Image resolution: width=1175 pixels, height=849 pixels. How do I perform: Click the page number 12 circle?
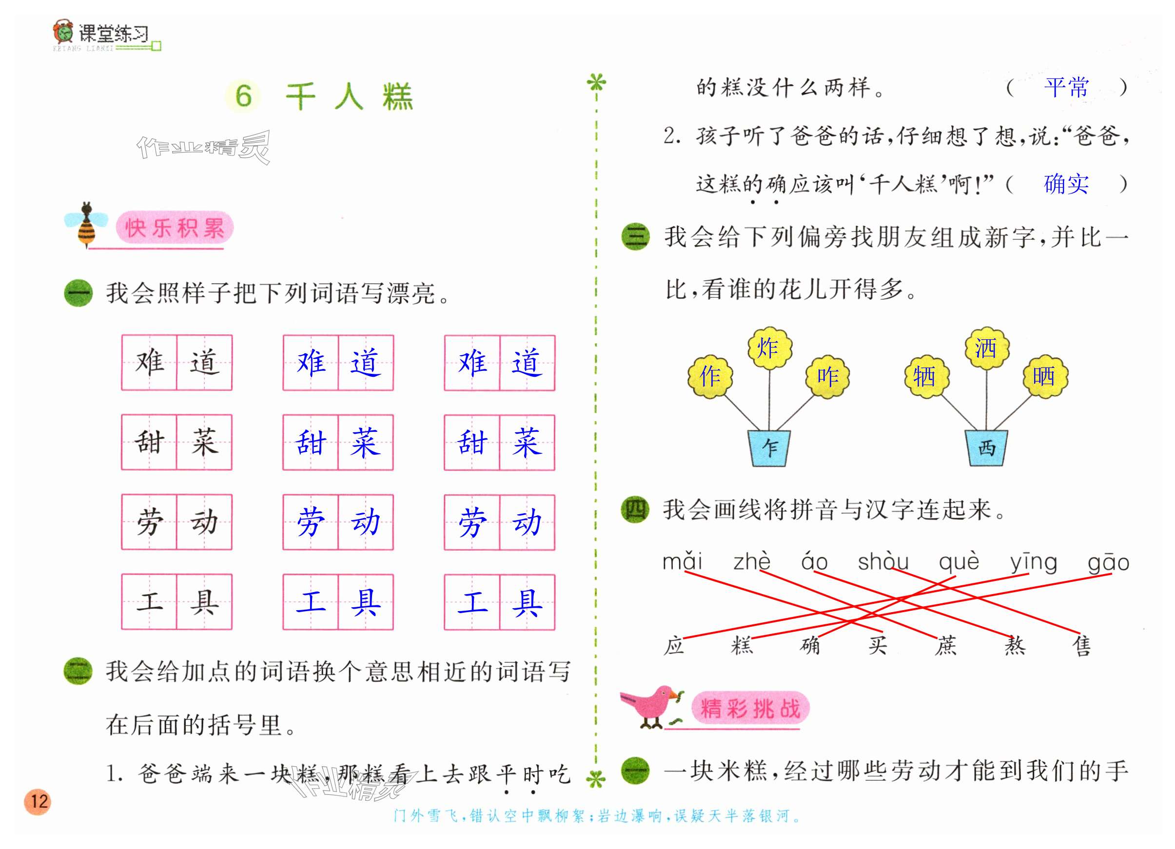[x=39, y=802]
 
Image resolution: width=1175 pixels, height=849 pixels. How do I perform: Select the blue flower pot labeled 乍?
[x=769, y=447]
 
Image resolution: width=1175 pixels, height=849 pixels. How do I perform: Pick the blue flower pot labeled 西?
[x=986, y=447]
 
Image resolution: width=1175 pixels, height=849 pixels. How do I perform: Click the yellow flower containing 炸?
[x=769, y=347]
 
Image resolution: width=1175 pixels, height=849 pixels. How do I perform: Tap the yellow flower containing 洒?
[x=986, y=347]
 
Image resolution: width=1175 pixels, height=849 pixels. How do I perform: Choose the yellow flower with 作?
[x=710, y=376]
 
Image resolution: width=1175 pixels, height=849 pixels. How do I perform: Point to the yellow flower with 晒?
[x=1044, y=376]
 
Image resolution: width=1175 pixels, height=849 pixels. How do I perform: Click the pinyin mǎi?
[x=682, y=561]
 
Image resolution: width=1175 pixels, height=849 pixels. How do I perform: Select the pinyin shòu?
[x=883, y=561]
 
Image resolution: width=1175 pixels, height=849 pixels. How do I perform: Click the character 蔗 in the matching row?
[x=945, y=645]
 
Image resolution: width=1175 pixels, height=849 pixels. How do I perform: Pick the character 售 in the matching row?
[x=1081, y=645]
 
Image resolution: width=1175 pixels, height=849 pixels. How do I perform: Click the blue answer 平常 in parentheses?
[x=1066, y=88]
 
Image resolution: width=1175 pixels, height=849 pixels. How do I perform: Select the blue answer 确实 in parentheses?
[x=1066, y=184]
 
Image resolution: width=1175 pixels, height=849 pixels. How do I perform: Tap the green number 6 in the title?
[x=243, y=96]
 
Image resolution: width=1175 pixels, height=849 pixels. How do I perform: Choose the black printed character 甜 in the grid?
[x=149, y=442]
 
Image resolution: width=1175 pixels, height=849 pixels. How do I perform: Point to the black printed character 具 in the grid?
[x=204, y=601]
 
